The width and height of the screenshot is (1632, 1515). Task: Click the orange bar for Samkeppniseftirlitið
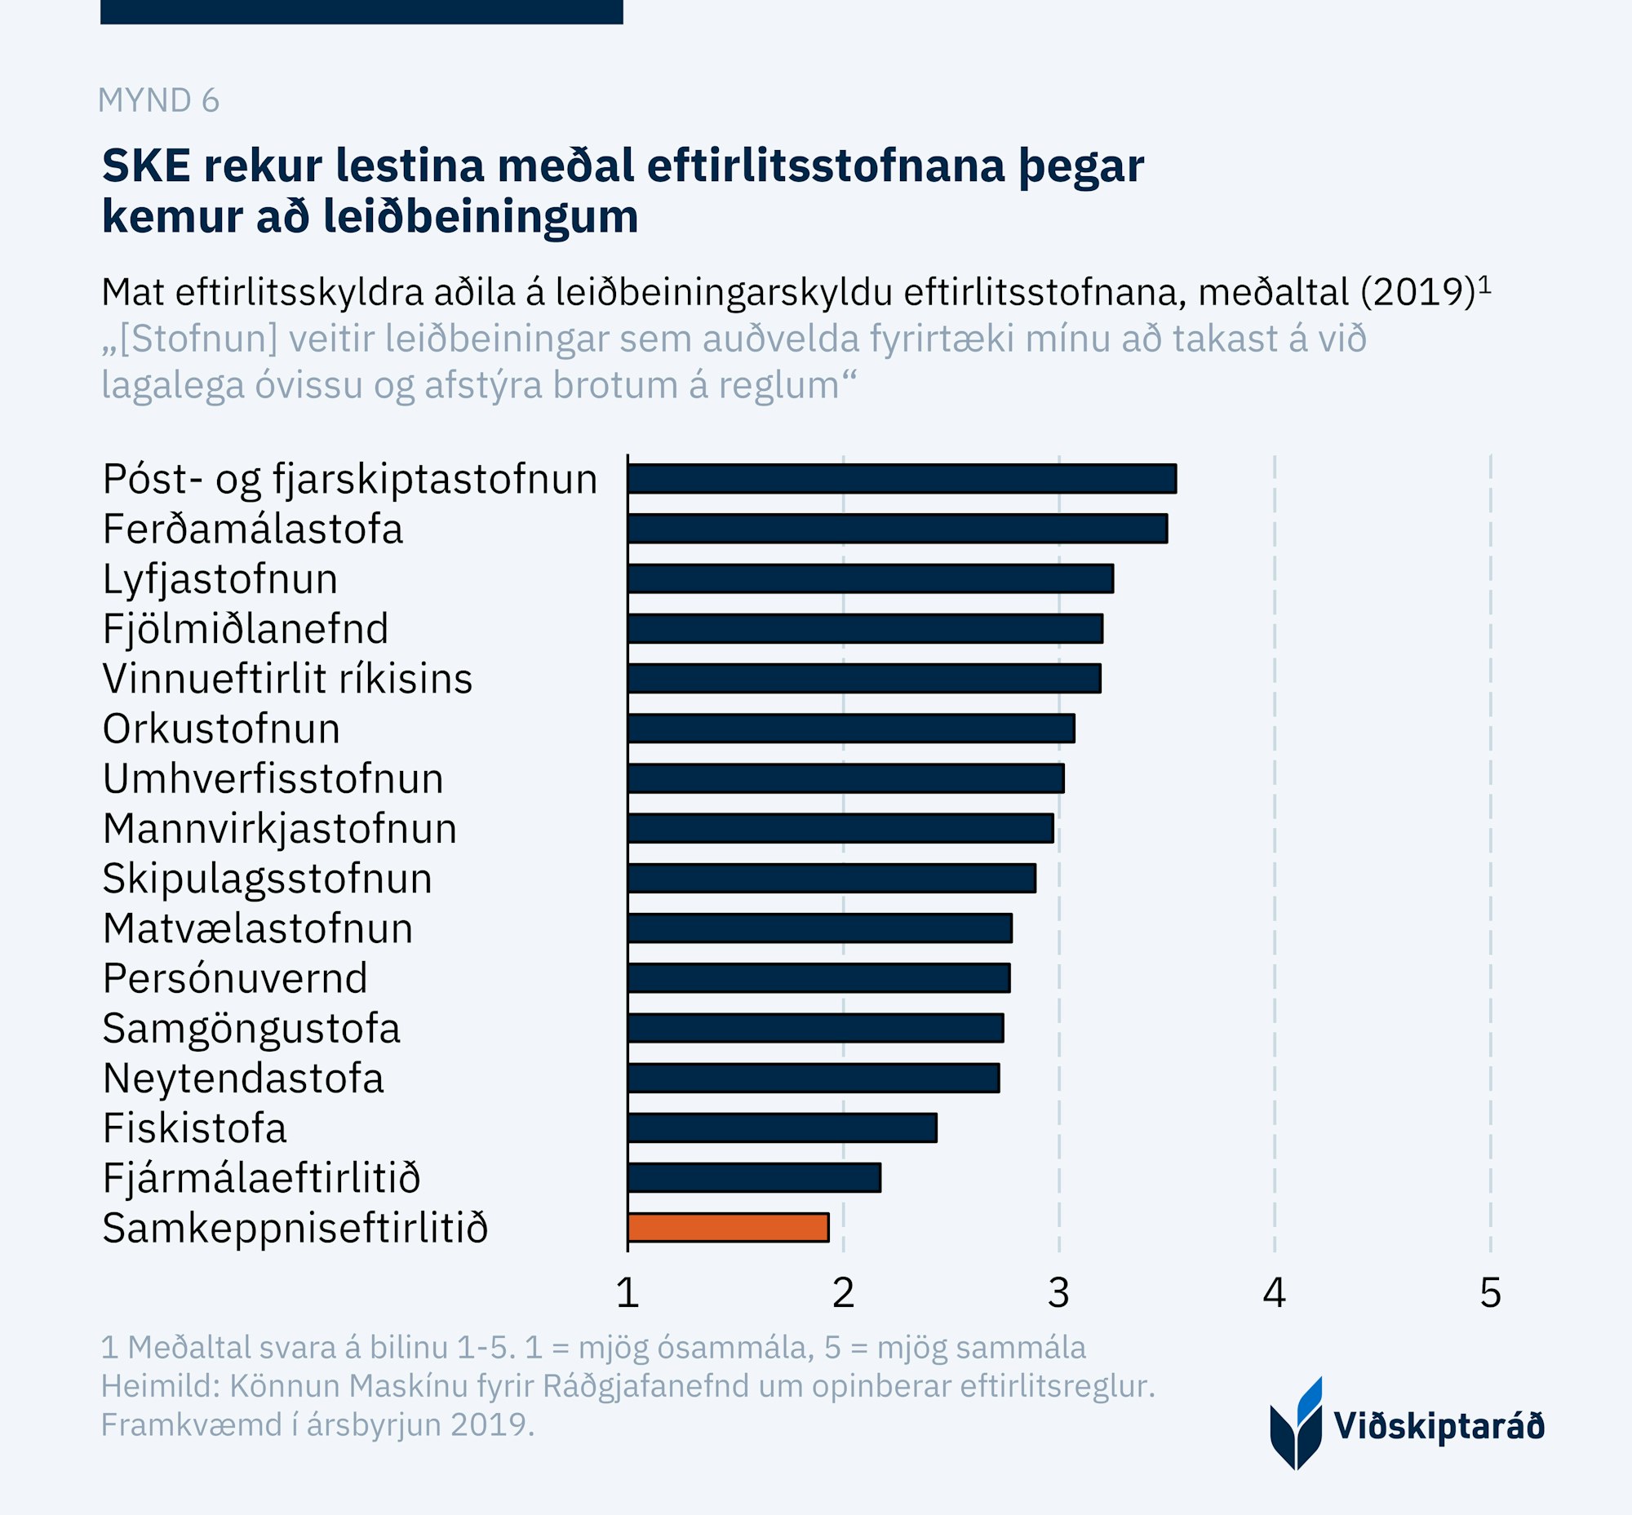click(x=728, y=1227)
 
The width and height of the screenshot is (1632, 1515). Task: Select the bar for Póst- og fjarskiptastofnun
click(x=902, y=479)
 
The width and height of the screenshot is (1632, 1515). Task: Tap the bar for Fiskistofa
click(x=782, y=1128)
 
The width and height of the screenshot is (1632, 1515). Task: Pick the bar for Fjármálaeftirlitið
click(x=754, y=1177)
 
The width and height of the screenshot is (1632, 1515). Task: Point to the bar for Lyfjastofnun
click(x=870, y=578)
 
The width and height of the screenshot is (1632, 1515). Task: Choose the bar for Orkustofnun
click(x=850, y=728)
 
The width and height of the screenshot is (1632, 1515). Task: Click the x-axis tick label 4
click(x=1274, y=1293)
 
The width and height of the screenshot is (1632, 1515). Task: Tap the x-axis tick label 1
click(x=628, y=1293)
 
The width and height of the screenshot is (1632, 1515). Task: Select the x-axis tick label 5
click(x=1490, y=1293)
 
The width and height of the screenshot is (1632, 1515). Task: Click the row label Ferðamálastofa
click(x=253, y=529)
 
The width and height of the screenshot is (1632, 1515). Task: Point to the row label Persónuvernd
click(x=234, y=978)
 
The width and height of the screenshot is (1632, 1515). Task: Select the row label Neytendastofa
click(x=242, y=1078)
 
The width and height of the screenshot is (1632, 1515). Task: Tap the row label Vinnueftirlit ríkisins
click(x=287, y=679)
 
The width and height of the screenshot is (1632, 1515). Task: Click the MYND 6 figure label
click(x=158, y=100)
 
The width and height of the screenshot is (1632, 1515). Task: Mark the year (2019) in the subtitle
click(x=1417, y=293)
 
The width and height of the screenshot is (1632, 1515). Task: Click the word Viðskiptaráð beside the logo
click(x=1439, y=1426)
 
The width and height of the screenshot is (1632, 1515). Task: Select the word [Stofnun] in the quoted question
click(x=198, y=339)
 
